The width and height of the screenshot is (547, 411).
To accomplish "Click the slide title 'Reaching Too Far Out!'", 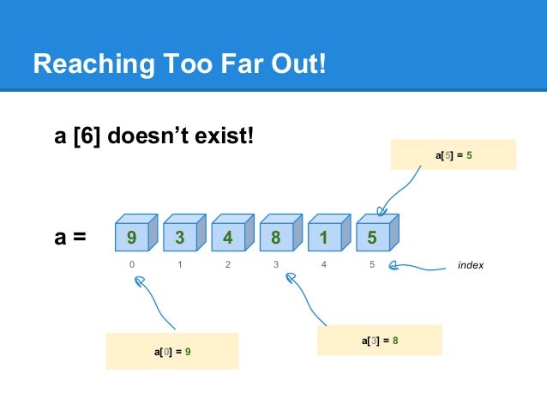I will (x=179, y=63).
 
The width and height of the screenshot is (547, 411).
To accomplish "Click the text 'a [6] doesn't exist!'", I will (x=155, y=135).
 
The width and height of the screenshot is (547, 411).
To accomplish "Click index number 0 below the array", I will (x=132, y=265).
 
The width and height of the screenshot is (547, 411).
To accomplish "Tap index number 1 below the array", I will (x=180, y=265).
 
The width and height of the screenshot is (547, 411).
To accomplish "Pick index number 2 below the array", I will (x=228, y=265).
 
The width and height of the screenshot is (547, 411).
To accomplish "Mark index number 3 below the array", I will (x=276, y=265).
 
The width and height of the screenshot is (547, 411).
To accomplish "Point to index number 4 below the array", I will (x=324, y=265).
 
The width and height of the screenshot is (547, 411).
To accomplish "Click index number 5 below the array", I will (x=372, y=265).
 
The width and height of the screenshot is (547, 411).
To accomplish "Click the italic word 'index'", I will (x=470, y=266).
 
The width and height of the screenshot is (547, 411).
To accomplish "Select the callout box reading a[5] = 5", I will (x=453, y=154).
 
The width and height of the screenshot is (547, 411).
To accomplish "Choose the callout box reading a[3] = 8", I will (x=379, y=341).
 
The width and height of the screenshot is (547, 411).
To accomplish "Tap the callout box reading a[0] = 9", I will (x=171, y=352).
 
